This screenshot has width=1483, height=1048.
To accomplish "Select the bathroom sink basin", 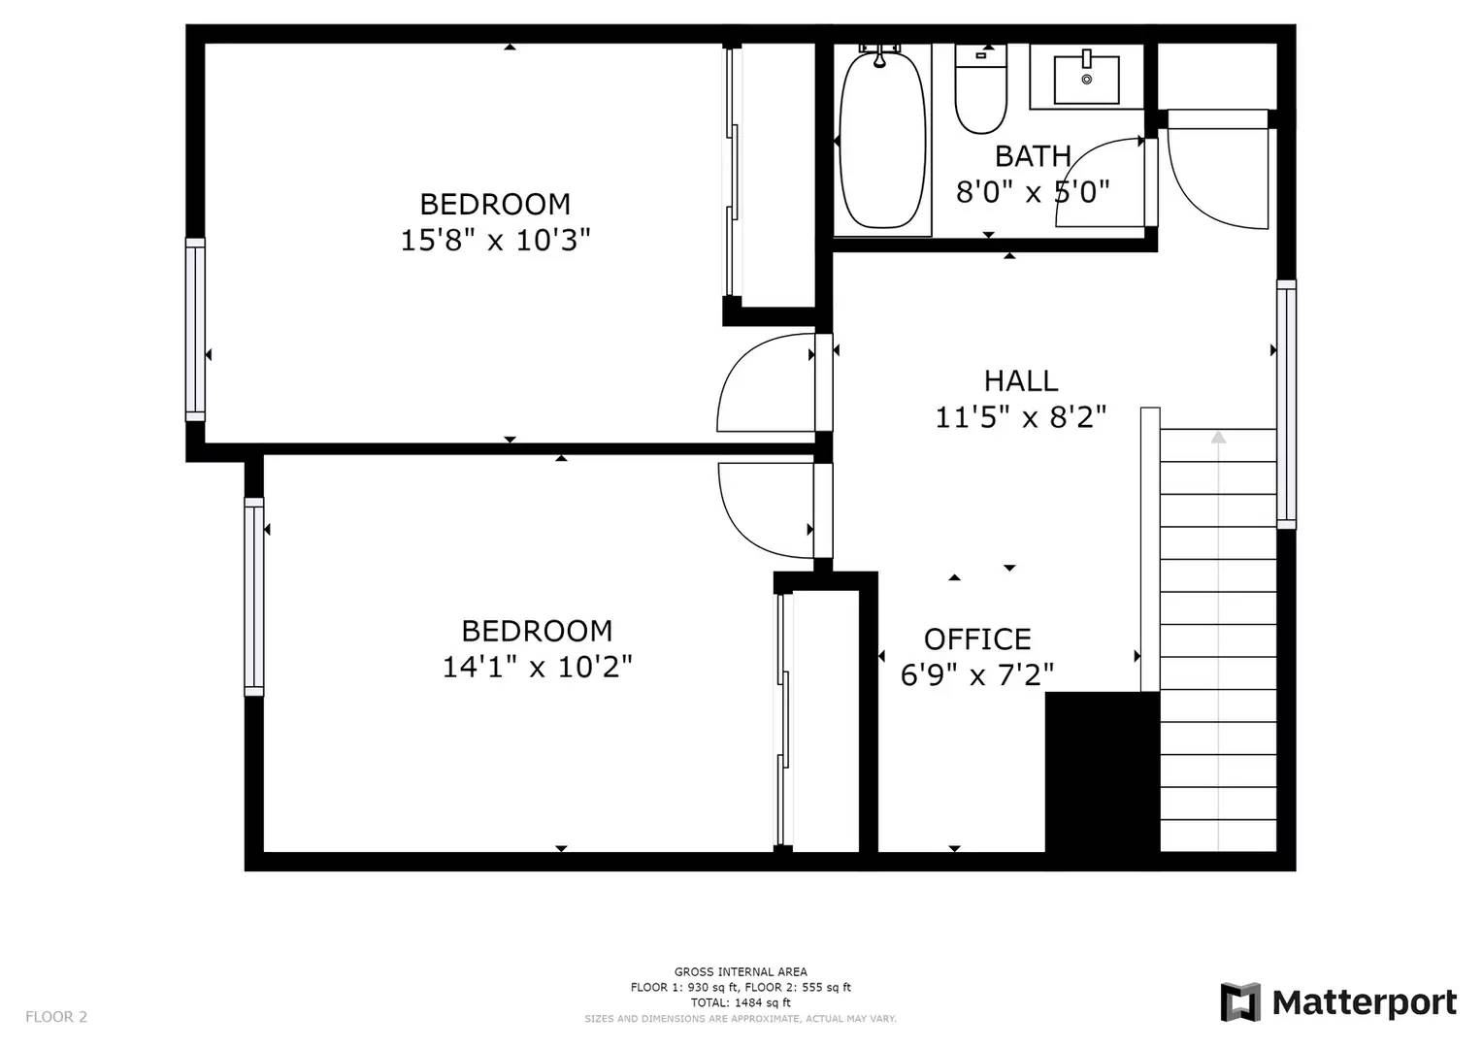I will [x=1086, y=79].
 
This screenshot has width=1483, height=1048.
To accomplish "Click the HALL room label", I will [x=1020, y=380].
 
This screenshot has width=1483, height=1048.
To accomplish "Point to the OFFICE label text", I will [x=976, y=639].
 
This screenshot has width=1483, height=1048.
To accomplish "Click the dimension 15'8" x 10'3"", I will [x=495, y=240].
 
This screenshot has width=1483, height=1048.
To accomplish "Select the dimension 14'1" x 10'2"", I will [x=537, y=667].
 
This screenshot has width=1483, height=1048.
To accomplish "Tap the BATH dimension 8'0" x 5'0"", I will [x=1032, y=192].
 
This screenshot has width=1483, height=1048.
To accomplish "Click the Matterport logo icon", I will [x=1240, y=1001].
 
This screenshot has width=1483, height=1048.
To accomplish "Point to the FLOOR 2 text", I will [x=56, y=1017].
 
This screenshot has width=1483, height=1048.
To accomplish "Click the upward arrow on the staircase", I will [x=1218, y=438].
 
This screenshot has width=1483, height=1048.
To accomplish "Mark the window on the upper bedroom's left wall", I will [x=196, y=329].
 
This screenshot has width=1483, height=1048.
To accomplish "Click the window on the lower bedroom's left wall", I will [x=254, y=596].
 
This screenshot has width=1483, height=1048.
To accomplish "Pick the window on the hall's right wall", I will [x=1286, y=404].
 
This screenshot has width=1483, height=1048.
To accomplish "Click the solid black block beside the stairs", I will [x=1103, y=771].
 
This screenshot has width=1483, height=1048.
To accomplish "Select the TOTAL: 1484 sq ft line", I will [x=740, y=1002].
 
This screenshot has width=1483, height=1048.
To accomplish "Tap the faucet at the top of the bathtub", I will [x=879, y=54].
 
